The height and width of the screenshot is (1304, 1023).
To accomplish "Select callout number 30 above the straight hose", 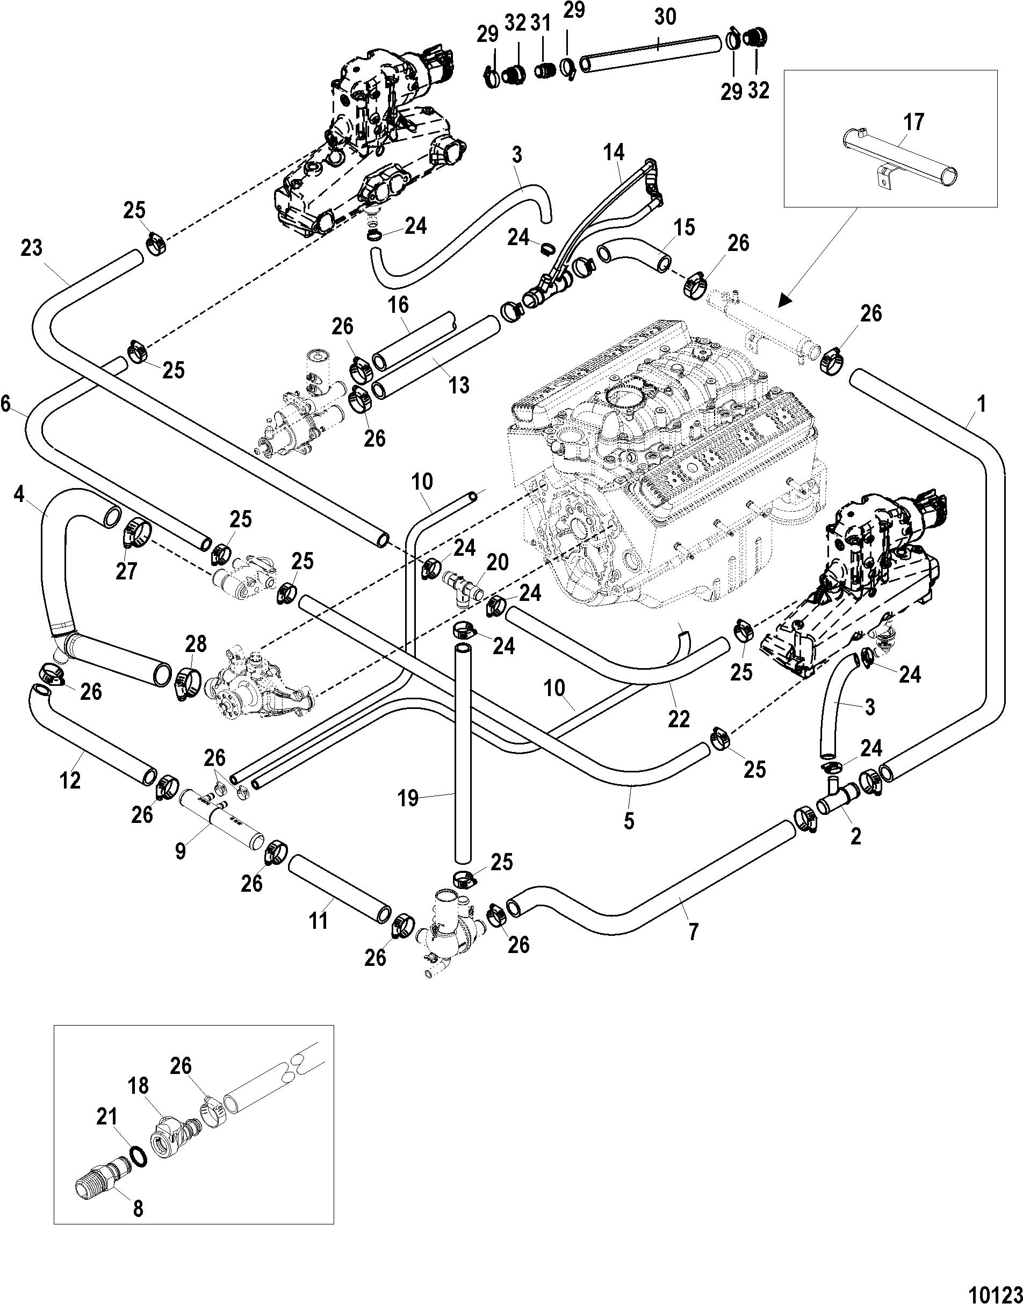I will [664, 17].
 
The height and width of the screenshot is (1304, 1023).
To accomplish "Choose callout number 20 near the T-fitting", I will [498, 563].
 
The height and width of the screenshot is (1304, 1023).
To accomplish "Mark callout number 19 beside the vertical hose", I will [408, 798].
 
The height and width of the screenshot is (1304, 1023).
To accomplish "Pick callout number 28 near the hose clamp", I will [196, 644].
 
